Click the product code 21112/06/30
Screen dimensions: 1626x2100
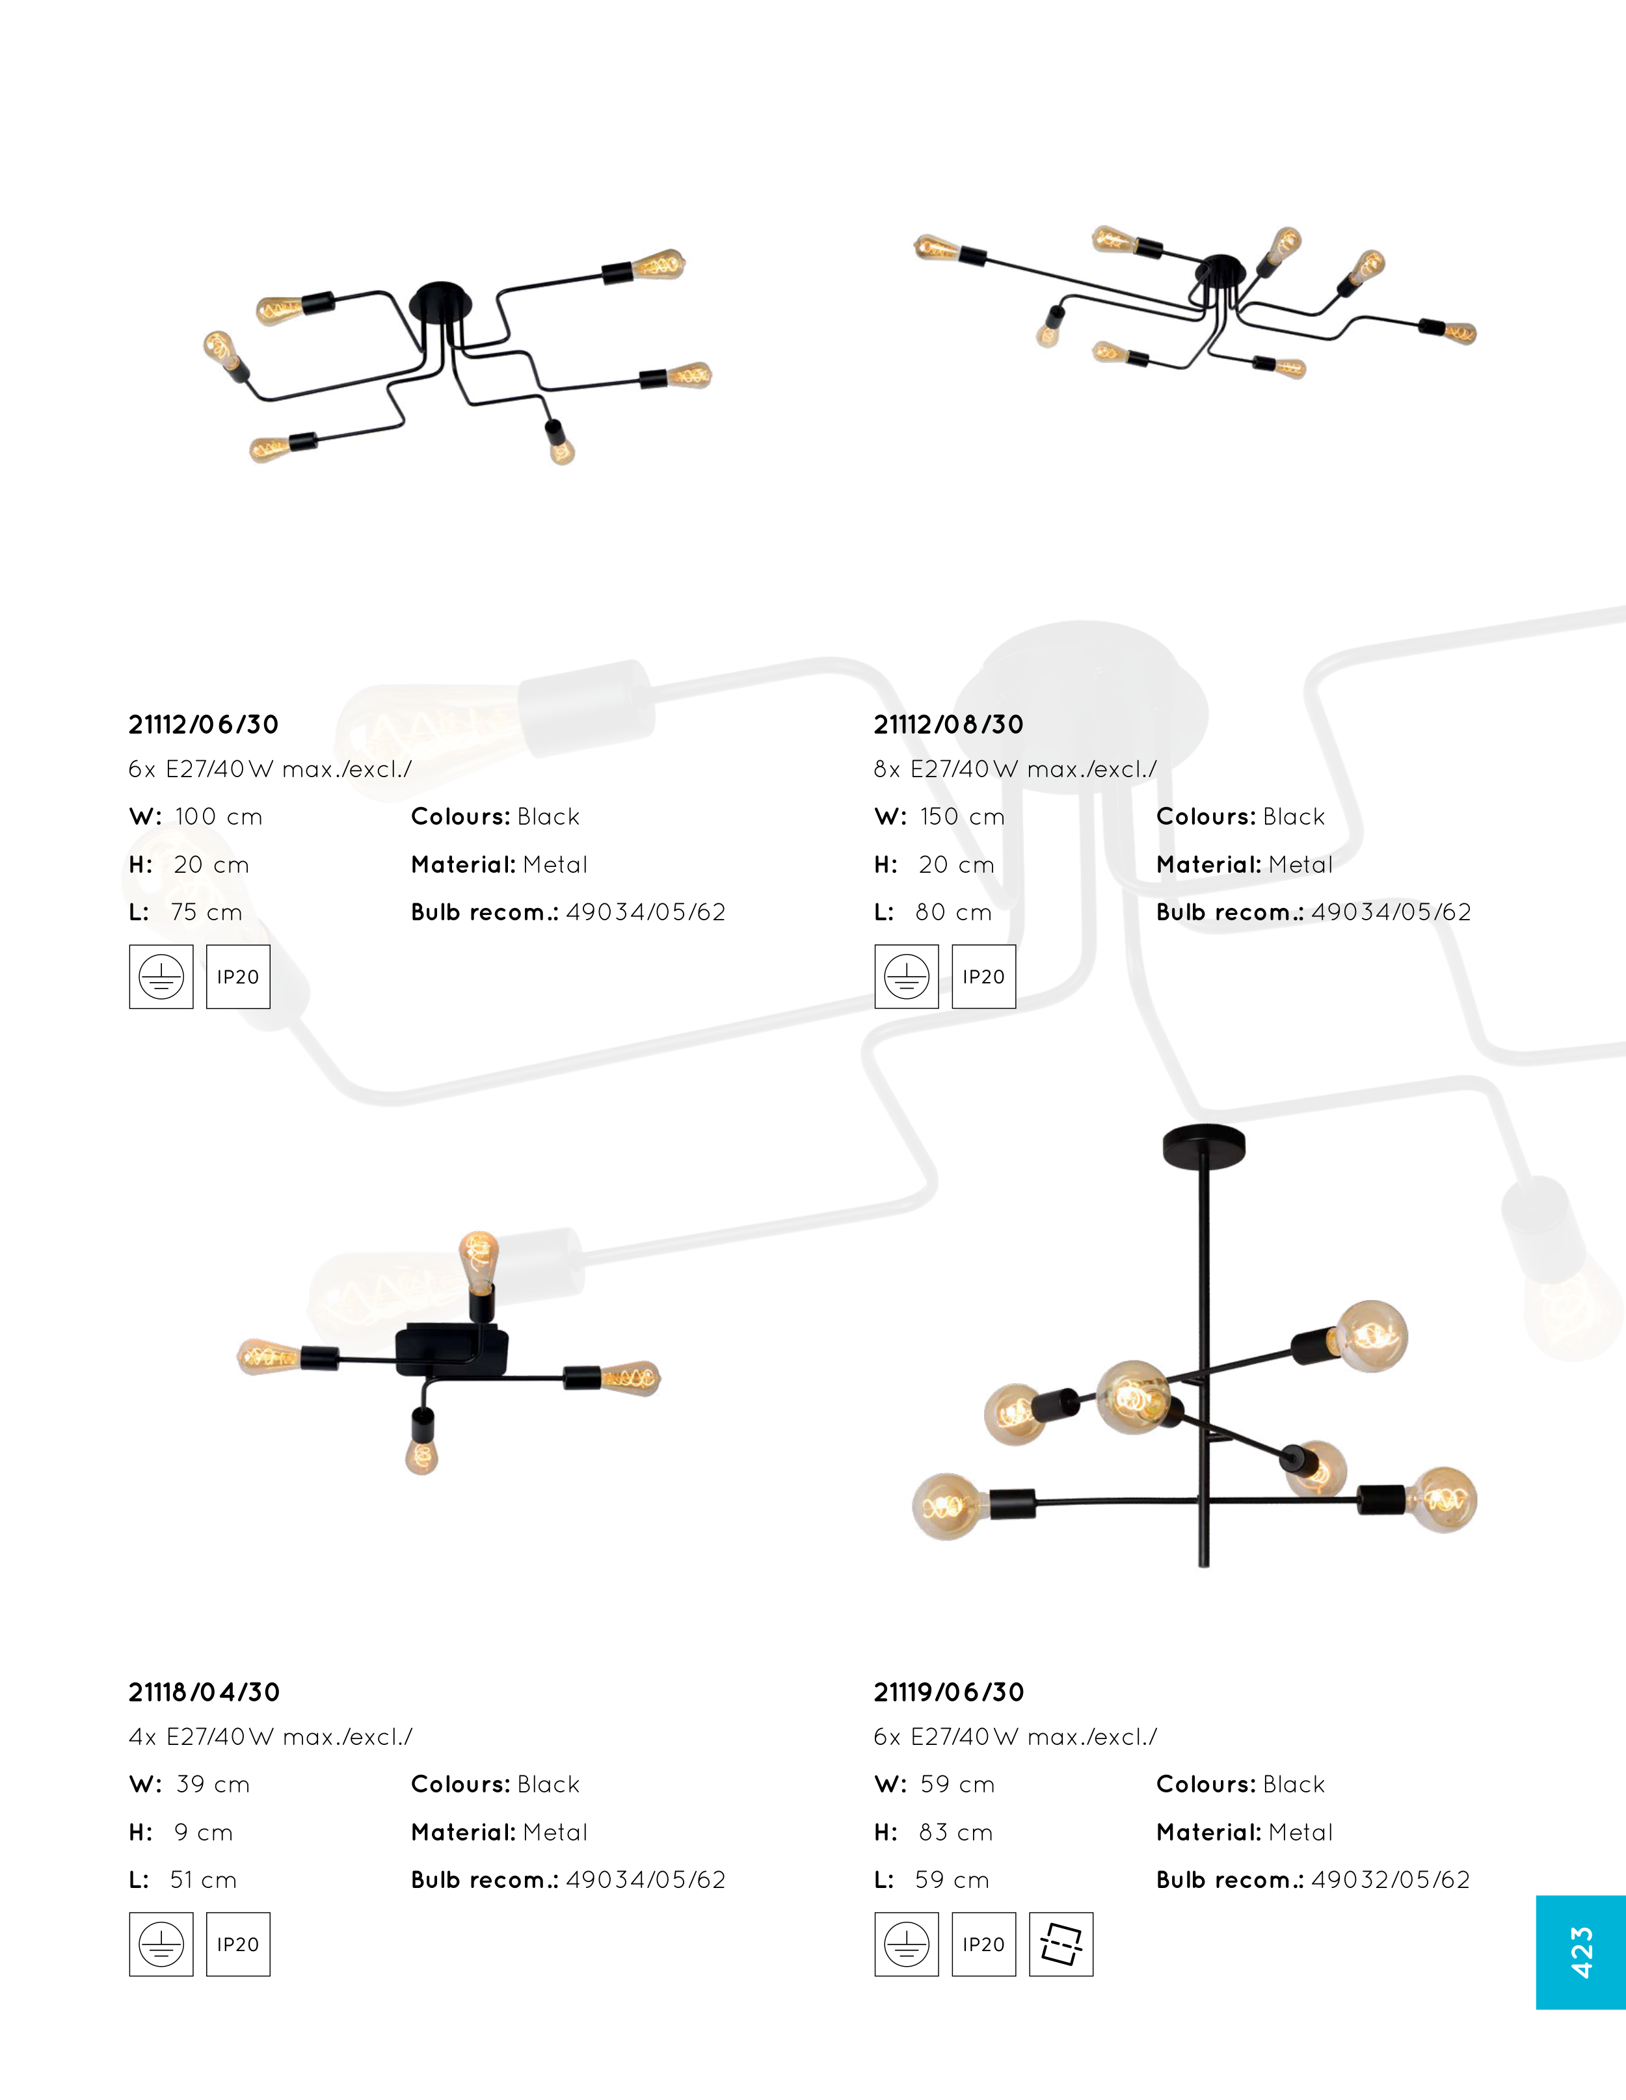tap(204, 725)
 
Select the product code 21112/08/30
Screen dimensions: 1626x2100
tap(949, 725)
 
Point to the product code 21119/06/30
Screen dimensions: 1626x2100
tap(949, 1692)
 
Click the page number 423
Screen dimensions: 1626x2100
tap(1581, 1952)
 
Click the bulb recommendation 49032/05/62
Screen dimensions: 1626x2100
tap(1391, 1880)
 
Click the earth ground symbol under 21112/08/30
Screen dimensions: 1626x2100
tap(907, 977)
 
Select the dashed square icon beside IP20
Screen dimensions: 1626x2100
tap(1061, 1944)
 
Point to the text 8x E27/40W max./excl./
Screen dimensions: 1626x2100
tap(1015, 769)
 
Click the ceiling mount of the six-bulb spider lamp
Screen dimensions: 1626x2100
tap(442, 301)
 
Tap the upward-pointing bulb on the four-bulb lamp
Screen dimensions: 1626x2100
tap(479, 1260)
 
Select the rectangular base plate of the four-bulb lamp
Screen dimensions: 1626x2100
tap(452, 1349)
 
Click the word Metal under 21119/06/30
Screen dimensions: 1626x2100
tap(1301, 1833)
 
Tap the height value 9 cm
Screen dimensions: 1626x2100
tap(204, 1833)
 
